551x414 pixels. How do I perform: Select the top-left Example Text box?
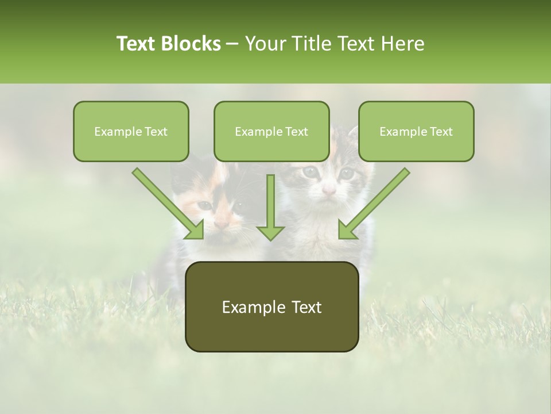(131, 132)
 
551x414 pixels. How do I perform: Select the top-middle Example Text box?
(271, 132)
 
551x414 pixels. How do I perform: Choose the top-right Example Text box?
(416, 132)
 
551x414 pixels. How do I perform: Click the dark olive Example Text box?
(272, 307)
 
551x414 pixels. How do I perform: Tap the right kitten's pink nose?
(328, 190)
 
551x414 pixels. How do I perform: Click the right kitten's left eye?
(310, 171)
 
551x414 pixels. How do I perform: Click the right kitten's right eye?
(346, 172)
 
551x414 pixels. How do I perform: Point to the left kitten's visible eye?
(205, 205)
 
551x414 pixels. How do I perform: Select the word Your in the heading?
(266, 44)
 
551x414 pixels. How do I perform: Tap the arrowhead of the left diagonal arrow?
(195, 230)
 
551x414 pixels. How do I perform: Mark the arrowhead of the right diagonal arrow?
(347, 230)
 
